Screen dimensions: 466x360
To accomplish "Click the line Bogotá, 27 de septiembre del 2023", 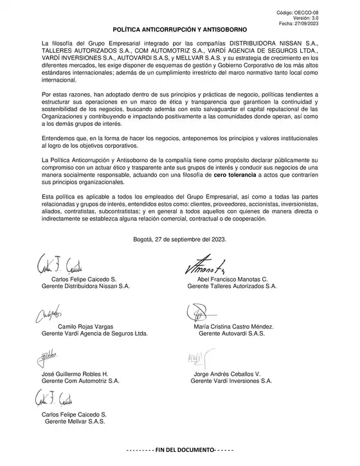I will (x=180, y=239).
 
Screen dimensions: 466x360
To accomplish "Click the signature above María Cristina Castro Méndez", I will (x=201, y=313).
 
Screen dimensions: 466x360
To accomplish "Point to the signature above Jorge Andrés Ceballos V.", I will (x=196, y=357).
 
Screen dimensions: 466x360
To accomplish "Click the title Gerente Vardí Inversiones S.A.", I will (x=231, y=381).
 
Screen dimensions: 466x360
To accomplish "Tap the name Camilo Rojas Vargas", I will (x=87, y=327).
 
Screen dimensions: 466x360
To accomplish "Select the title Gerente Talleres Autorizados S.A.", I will (x=231, y=286).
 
